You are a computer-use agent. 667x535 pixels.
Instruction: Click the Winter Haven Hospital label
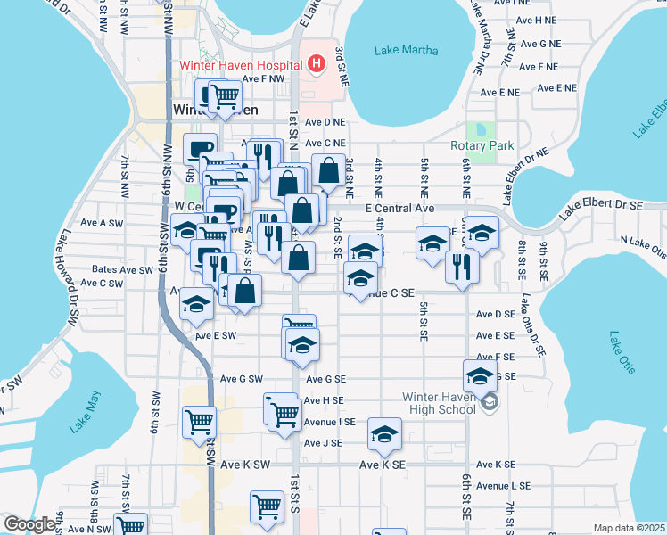(241, 64)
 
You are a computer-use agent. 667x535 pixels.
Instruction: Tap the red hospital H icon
(315, 64)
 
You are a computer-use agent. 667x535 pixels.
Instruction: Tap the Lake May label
(86, 413)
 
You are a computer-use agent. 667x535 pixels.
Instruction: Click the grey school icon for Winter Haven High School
(490, 403)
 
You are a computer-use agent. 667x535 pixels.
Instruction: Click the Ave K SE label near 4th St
(383, 465)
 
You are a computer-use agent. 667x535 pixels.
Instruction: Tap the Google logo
(29, 525)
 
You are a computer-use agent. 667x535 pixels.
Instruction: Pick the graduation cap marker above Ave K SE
(384, 433)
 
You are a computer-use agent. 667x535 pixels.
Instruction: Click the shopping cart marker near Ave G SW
(199, 419)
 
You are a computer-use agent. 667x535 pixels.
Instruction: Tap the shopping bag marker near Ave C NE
(328, 169)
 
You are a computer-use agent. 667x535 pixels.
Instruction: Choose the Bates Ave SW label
(123, 269)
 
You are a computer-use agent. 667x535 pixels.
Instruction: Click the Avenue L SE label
(505, 486)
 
